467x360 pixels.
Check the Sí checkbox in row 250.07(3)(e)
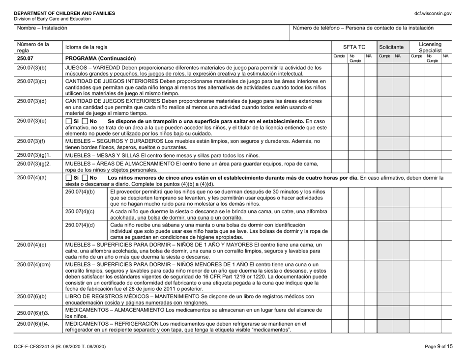69,121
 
